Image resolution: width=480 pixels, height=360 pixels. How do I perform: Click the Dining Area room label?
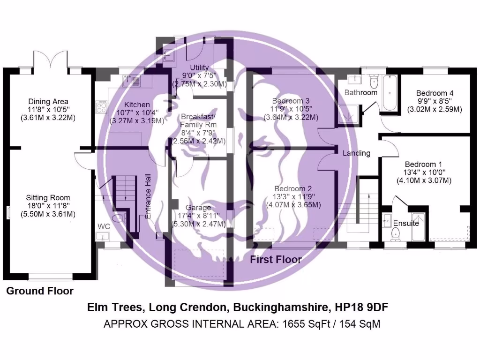pyautogui.click(x=48, y=101)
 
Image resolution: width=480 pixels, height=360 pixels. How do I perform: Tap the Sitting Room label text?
pyautogui.click(x=48, y=198)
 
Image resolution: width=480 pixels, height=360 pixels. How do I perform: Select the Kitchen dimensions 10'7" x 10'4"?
pyautogui.click(x=131, y=112)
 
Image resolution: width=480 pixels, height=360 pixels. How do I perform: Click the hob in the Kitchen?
pyautogui.click(x=101, y=108)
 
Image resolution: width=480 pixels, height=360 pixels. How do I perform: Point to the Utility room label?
pyautogui.click(x=199, y=68)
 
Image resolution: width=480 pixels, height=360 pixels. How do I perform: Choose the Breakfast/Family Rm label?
pyautogui.click(x=199, y=120)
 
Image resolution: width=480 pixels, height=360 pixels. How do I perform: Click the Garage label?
pyautogui.click(x=198, y=208)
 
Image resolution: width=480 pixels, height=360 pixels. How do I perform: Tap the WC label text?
pyautogui.click(x=104, y=226)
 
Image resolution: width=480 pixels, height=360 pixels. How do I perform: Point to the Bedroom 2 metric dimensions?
pyautogui.click(x=293, y=205)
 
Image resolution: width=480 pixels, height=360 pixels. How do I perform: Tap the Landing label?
pyautogui.click(x=356, y=153)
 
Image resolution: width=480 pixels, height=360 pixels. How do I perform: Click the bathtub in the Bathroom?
pyautogui.click(x=389, y=92)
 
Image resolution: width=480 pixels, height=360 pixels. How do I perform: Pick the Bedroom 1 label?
pyautogui.click(x=423, y=165)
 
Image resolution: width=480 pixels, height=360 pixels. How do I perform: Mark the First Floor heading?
pyautogui.click(x=276, y=259)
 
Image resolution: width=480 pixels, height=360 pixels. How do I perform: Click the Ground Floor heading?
pyautogui.click(x=40, y=291)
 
